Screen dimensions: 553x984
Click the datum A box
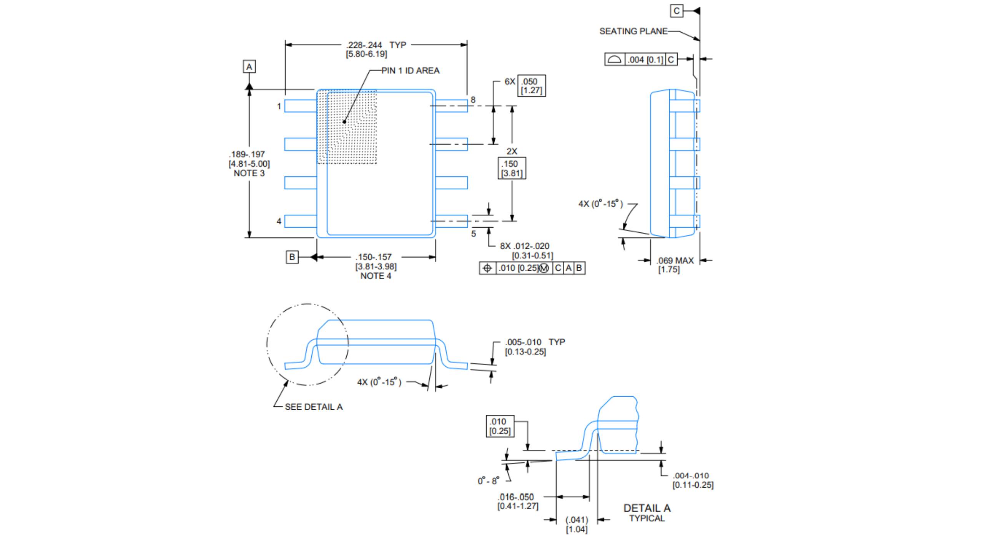tap(249, 67)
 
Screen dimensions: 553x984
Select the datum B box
tap(292, 257)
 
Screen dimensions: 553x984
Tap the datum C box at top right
tap(676, 11)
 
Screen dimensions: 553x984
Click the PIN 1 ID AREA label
tap(410, 71)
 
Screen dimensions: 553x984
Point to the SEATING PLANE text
tap(633, 31)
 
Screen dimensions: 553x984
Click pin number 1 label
tap(279, 106)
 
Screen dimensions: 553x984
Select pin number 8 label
tap(473, 100)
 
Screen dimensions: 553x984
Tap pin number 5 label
tap(474, 233)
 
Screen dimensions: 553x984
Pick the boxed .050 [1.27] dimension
tap(531, 86)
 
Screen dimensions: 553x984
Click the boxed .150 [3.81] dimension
tap(512, 168)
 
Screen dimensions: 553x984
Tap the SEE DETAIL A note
tap(313, 407)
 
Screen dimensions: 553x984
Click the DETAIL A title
tap(647, 508)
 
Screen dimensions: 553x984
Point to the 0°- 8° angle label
tap(488, 481)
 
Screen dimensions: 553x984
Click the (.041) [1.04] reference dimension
tap(577, 524)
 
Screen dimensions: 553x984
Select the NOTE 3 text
tap(249, 173)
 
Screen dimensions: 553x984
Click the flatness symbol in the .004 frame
tap(614, 60)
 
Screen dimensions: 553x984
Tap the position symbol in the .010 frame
tap(487, 268)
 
